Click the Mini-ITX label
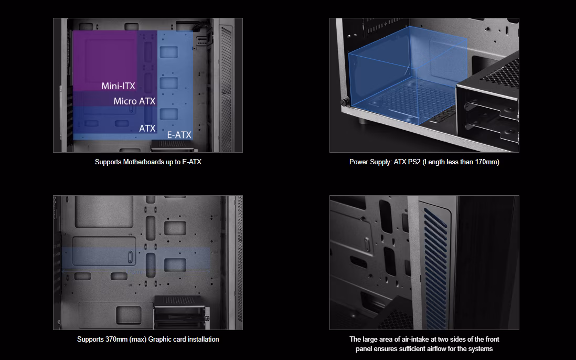118,86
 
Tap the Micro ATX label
134,101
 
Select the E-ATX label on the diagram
179,135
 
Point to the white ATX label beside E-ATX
147,128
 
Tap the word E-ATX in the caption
192,162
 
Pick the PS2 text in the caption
414,162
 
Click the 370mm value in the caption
116,340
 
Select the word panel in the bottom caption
364,349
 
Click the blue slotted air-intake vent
436,268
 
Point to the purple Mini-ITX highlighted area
105,61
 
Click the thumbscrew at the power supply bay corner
344,102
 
